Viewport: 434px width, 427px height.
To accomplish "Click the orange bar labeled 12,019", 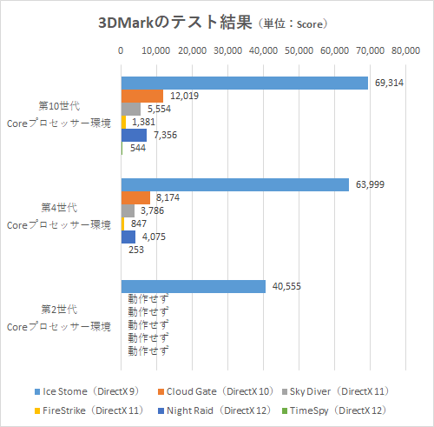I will (x=141, y=96).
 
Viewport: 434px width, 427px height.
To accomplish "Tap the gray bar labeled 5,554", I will (x=130, y=109).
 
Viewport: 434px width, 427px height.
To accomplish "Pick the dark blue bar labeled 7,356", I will (x=134, y=135).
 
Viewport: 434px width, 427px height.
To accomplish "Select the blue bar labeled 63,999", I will (x=235, y=184).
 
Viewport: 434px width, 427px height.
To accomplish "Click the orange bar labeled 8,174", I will (x=135, y=197).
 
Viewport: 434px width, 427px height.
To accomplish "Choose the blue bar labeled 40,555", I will (x=193, y=286).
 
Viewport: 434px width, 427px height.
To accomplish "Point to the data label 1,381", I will (x=143, y=122).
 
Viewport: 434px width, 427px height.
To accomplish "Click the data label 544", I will (x=136, y=148).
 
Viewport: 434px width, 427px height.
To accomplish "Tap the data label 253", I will (x=136, y=250).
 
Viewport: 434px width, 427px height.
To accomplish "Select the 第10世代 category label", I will (x=59, y=105).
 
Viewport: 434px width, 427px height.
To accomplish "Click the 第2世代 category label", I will (x=59, y=309).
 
